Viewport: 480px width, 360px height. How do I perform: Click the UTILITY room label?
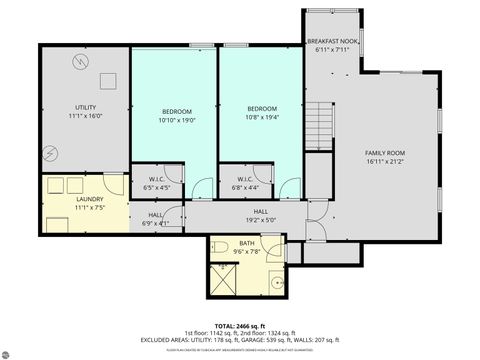[85, 107]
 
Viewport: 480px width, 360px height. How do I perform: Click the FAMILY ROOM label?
[385, 152]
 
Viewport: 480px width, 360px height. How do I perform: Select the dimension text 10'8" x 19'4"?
[262, 119]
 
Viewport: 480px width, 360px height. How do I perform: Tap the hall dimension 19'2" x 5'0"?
[260, 219]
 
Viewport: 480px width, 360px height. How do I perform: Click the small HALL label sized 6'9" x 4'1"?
[156, 223]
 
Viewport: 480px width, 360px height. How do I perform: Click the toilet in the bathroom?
[222, 247]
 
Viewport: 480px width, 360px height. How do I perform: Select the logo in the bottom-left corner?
[13, 349]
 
